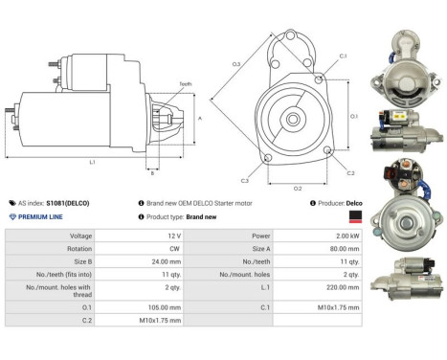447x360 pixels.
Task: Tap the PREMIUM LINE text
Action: point(40,216)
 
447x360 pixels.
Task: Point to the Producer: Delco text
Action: point(340,203)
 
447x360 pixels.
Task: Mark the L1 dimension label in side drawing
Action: point(92,162)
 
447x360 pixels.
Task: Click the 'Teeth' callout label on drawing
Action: point(185,84)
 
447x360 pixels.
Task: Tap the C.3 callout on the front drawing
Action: point(245,180)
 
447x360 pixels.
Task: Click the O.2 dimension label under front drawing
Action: point(297,188)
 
